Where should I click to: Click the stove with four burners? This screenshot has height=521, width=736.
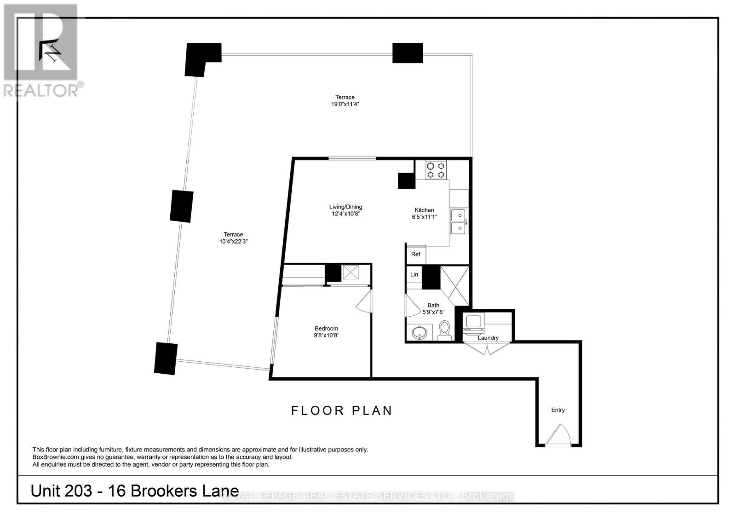pyautogui.click(x=436, y=170)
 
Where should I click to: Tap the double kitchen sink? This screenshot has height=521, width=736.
pyautogui.click(x=458, y=221)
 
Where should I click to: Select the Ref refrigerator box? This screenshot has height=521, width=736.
pyautogui.click(x=416, y=255)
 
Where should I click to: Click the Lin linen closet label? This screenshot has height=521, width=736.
pyautogui.click(x=414, y=274)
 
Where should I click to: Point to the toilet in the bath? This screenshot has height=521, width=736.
pyautogui.click(x=445, y=330)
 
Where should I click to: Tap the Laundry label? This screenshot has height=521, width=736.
pyautogui.click(x=488, y=338)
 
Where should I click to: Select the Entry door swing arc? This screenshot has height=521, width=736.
pyautogui.click(x=558, y=435)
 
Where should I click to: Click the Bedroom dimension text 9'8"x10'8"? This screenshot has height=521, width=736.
pyautogui.click(x=327, y=336)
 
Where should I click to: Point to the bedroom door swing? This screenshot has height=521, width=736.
pyautogui.click(x=365, y=302)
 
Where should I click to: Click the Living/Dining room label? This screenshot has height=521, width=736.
pyautogui.click(x=345, y=207)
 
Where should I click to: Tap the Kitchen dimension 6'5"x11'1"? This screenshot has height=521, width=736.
pyautogui.click(x=424, y=217)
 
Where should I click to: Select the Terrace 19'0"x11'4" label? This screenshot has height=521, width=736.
pyautogui.click(x=345, y=100)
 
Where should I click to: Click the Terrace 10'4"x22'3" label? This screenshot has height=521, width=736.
pyautogui.click(x=234, y=237)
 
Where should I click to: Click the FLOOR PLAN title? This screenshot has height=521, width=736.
pyautogui.click(x=342, y=411)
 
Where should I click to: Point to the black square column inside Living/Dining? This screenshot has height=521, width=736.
pyautogui.click(x=407, y=180)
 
